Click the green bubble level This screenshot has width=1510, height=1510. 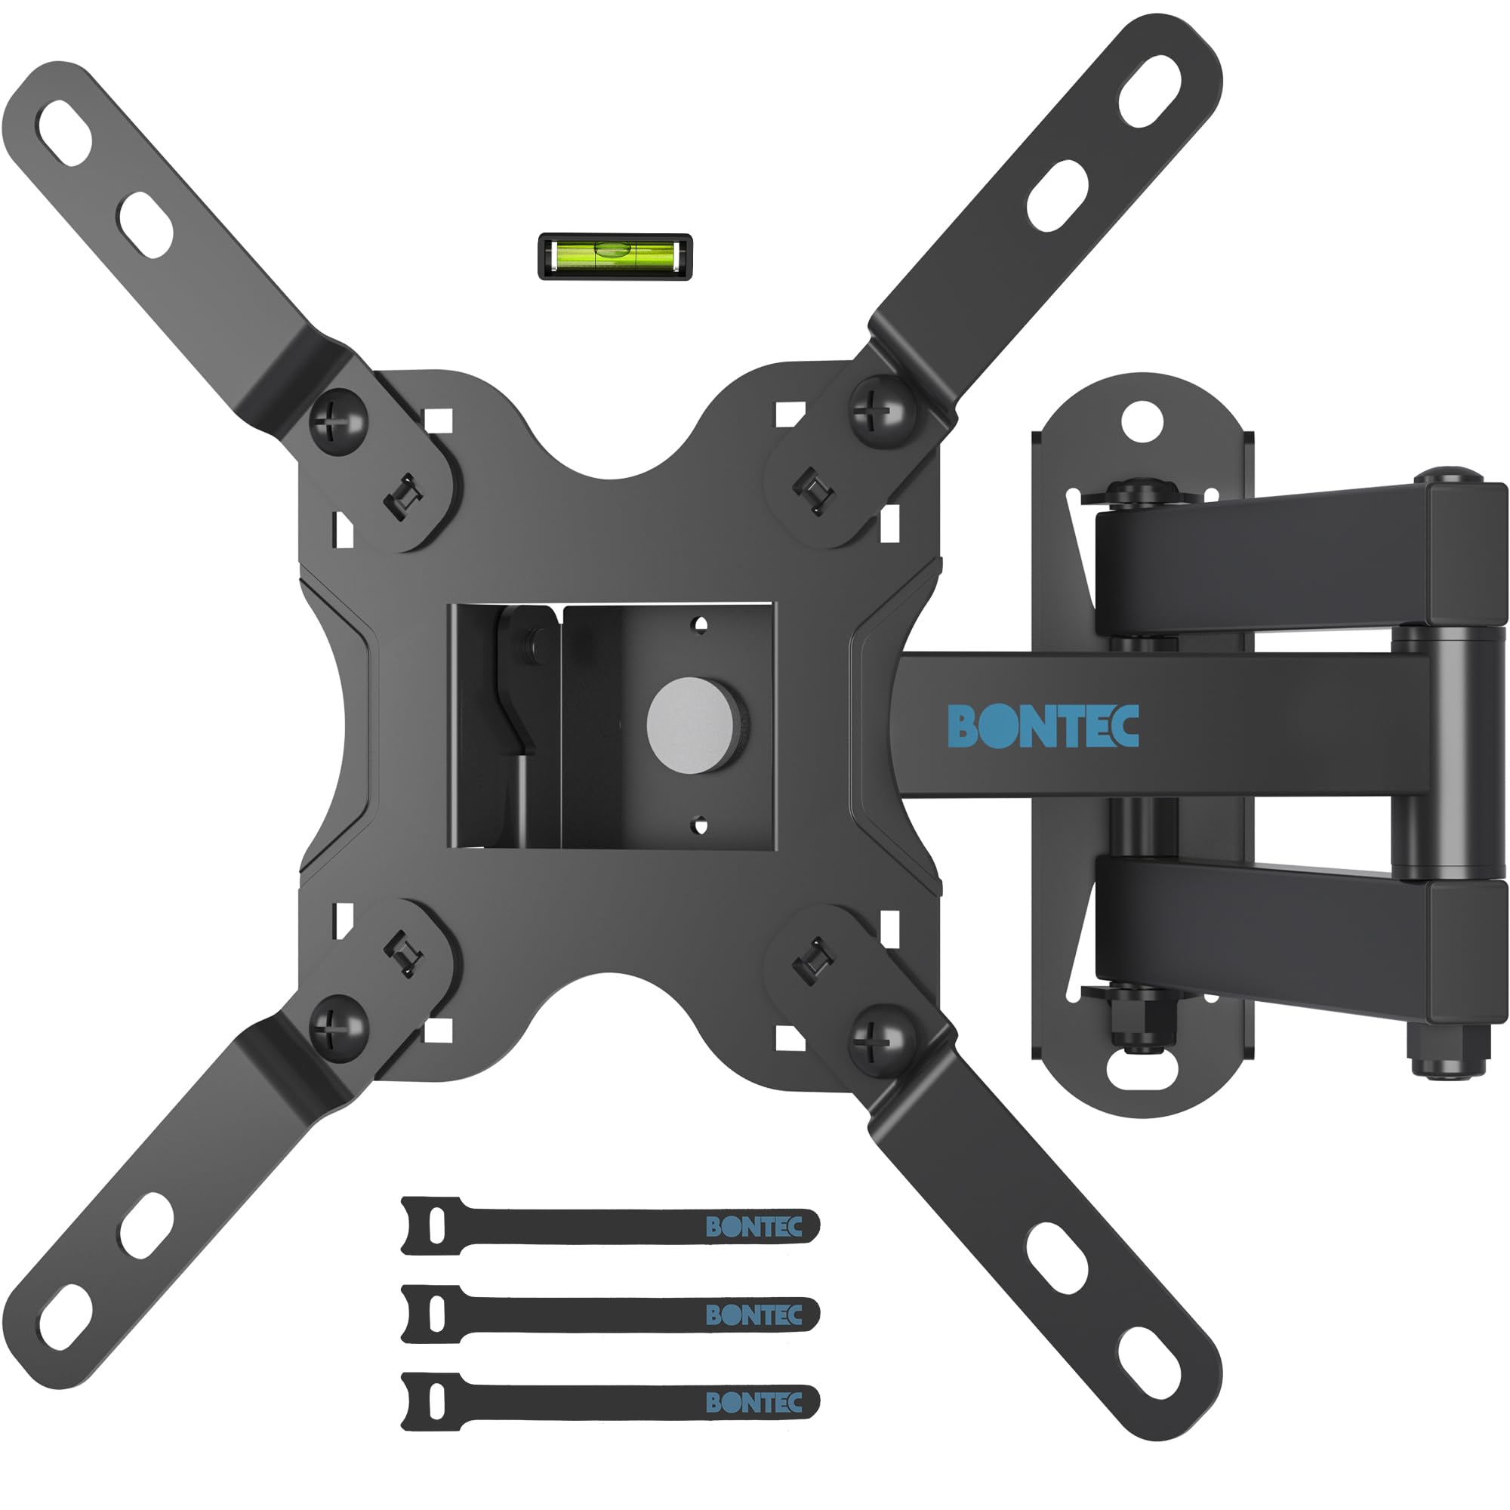pyautogui.click(x=615, y=256)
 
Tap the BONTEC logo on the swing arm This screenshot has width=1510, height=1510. pyautogui.click(x=1043, y=726)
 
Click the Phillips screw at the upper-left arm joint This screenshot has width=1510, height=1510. pyautogui.click(x=338, y=420)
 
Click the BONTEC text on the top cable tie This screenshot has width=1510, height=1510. pyautogui.click(x=753, y=1226)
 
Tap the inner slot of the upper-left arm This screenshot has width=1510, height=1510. pyautogui.click(x=146, y=226)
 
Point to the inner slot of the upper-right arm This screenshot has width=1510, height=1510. pyautogui.click(x=1058, y=196)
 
